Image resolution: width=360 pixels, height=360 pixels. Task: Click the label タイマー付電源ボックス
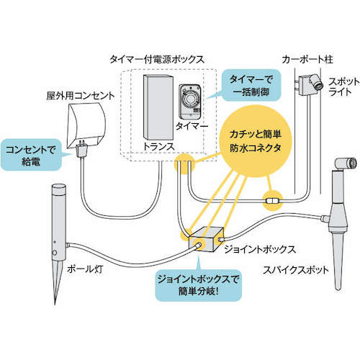pyautogui.click(x=161, y=58)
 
